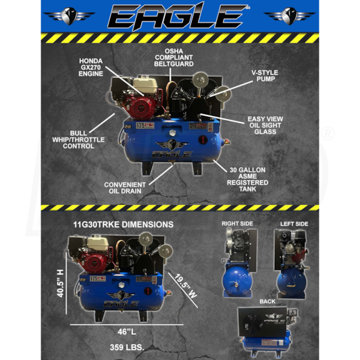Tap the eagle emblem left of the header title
coord(69,16)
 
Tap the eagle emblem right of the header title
coord(290,16)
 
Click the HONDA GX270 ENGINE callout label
coord(91,67)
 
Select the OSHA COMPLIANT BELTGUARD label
coord(174,58)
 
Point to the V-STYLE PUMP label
coord(265,76)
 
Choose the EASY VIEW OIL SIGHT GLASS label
coord(265,125)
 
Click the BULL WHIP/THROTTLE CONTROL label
coord(78,140)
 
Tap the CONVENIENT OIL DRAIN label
coord(125,188)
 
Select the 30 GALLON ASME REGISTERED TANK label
coord(247,179)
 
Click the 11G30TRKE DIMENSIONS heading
coord(123,224)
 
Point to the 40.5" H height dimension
coord(60,284)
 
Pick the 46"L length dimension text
coord(127,332)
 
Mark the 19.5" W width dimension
coord(186,286)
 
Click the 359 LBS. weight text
coord(127,347)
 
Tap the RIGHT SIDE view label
coord(238,224)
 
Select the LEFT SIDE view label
coord(294,224)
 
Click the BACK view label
coord(268,301)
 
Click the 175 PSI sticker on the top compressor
coord(145,125)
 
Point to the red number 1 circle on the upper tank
coord(203,140)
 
